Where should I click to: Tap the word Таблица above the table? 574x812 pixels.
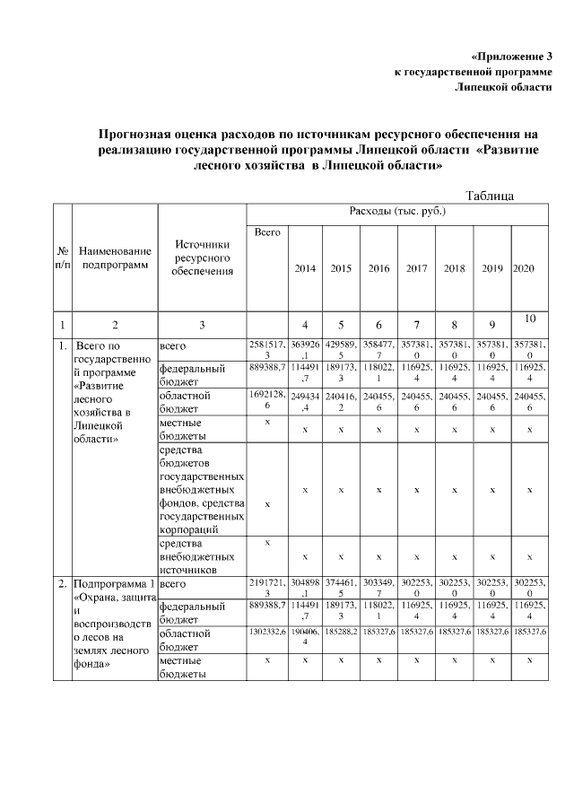pos(490,195)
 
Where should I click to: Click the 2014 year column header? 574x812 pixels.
pos(305,268)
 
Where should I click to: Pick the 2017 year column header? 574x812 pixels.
pos(416,268)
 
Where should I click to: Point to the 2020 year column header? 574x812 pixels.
pos(523,268)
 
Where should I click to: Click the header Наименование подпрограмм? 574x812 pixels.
pos(115,258)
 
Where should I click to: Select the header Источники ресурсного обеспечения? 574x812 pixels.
pos(202,258)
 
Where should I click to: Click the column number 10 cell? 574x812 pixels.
pos(529,319)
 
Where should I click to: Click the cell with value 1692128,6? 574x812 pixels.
pos(267,401)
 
